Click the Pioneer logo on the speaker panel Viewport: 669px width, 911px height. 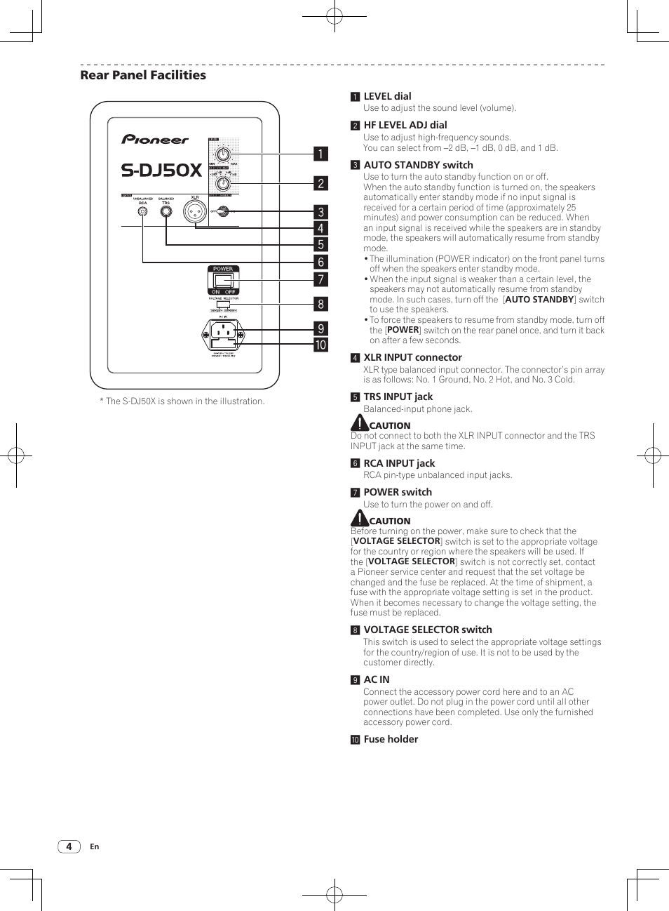click(x=155, y=139)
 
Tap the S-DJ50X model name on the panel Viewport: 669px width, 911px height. click(x=161, y=170)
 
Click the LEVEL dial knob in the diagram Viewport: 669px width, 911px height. click(x=223, y=154)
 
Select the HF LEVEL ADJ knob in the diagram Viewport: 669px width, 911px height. click(x=223, y=183)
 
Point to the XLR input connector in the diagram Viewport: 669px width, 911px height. click(x=194, y=211)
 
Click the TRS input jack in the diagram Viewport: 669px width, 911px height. click(x=166, y=211)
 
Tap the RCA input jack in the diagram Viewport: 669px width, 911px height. click(x=143, y=211)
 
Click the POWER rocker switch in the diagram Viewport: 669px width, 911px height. click(x=223, y=280)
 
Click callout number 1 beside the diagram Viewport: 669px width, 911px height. click(x=320, y=154)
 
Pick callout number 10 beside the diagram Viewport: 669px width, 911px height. click(x=320, y=345)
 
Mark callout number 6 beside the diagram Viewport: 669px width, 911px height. click(x=320, y=262)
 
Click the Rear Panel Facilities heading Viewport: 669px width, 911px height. click(x=143, y=75)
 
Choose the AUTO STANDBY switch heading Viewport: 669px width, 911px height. click(x=418, y=165)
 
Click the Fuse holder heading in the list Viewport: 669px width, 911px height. click(x=391, y=739)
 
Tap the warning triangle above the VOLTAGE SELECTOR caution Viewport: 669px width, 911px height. click(x=359, y=518)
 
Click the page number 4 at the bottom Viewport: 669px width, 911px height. click(x=69, y=846)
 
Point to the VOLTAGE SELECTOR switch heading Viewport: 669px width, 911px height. click(x=427, y=630)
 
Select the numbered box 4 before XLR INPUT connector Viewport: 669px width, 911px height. click(x=355, y=358)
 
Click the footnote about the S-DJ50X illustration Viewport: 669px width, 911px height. click(x=182, y=401)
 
